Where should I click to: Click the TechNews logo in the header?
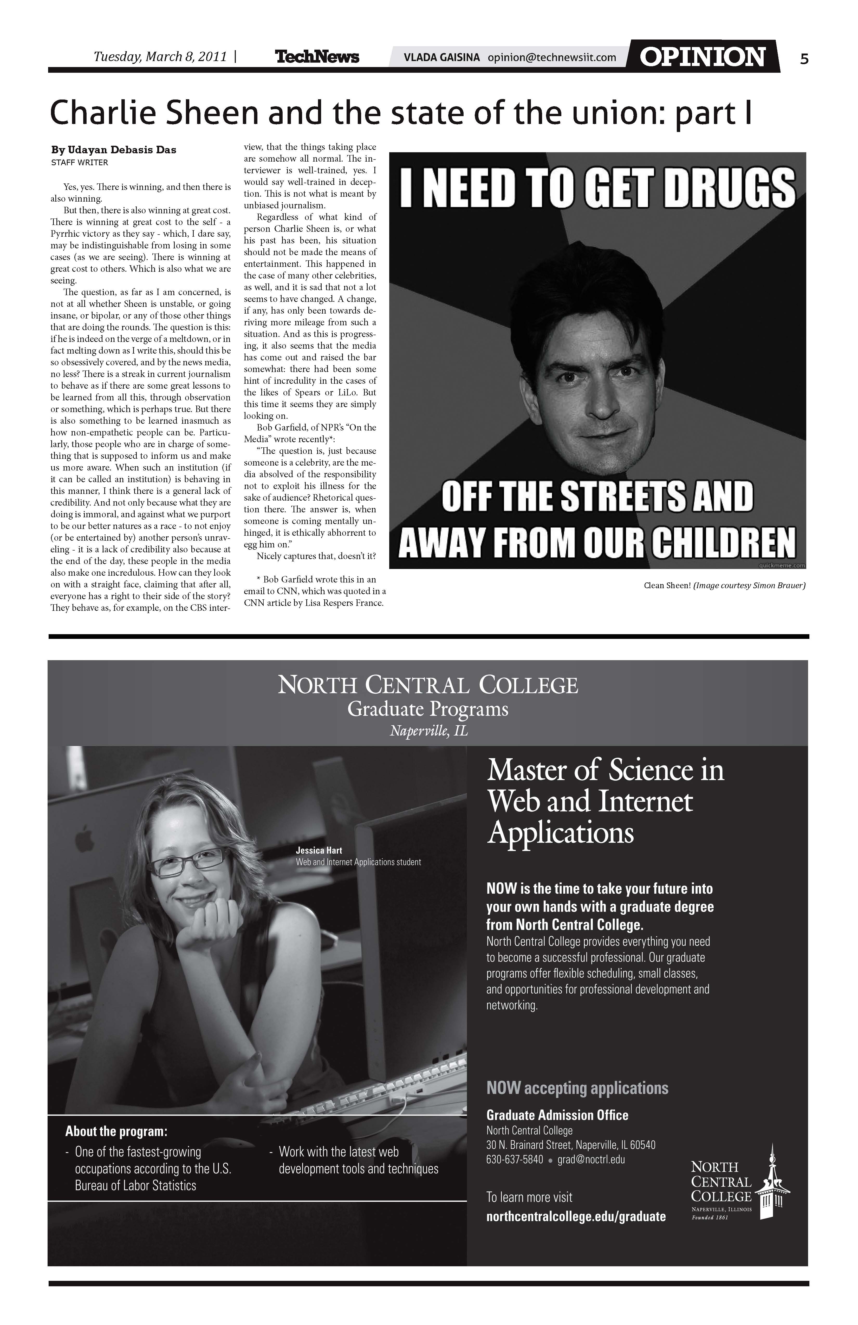(x=317, y=57)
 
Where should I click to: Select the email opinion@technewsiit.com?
(x=551, y=57)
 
